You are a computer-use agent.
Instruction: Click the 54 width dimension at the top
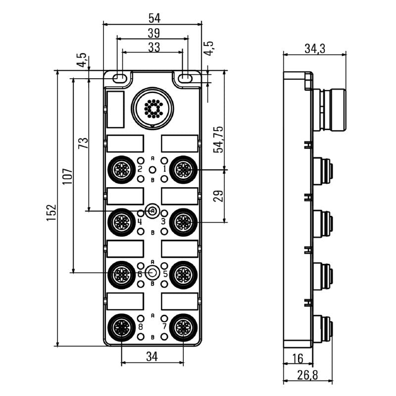152,18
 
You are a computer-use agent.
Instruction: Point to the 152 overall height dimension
51,212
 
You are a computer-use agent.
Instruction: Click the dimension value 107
67,176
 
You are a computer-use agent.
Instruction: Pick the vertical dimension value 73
83,144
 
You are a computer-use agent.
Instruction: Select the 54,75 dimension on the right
218,139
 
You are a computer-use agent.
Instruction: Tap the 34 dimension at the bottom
152,356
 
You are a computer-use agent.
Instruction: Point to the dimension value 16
297,358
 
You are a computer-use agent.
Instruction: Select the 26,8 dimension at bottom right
307,375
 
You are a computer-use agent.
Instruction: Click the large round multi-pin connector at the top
153,108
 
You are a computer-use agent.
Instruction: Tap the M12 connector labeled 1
183,170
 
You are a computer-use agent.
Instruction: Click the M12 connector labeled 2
121,170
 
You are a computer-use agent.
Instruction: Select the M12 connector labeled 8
121,327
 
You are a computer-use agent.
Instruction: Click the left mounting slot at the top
119,78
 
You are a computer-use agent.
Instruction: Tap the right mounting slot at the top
186,78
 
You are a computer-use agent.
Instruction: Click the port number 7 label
164,327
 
